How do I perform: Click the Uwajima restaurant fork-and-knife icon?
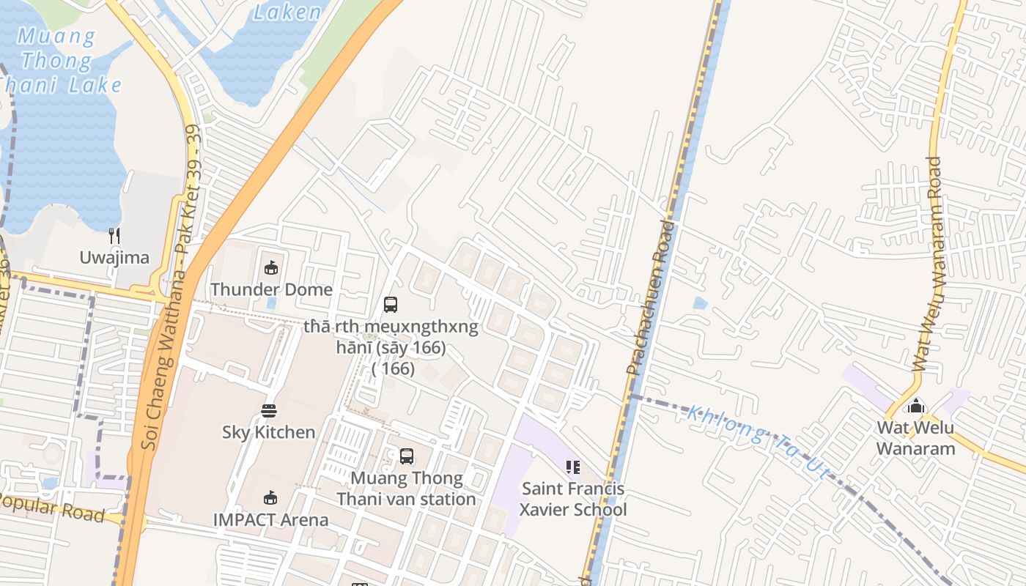coord(114,235)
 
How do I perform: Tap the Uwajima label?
coord(114,258)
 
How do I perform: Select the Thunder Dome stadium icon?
coord(271,267)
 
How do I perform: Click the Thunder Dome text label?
coord(271,289)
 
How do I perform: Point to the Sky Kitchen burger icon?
coord(269,410)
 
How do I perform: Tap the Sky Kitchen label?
coord(269,432)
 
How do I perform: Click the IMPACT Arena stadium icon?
coord(270,498)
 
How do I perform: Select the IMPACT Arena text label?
coord(270,520)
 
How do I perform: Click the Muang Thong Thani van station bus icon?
coord(407,456)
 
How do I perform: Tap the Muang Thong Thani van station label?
coord(406,489)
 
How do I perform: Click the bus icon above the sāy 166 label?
coord(391,304)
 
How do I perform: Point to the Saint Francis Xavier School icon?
coord(573,467)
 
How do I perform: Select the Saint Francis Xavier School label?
coord(573,499)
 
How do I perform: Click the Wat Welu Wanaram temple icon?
coord(916,406)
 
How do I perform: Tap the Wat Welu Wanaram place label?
coord(916,438)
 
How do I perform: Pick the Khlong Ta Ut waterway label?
coord(759,443)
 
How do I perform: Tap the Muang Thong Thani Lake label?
coord(59,60)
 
